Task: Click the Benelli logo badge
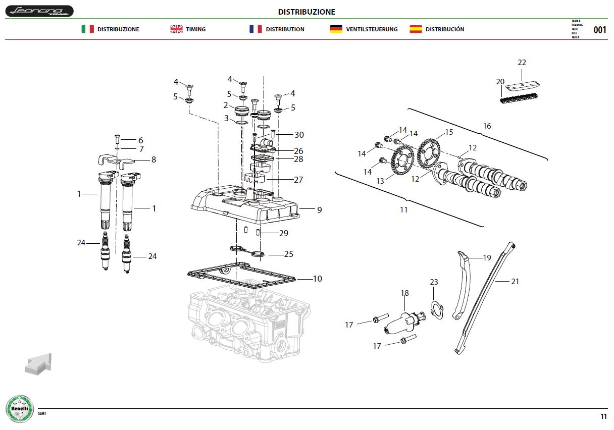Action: click(x=20, y=409)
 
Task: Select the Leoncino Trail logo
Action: click(x=39, y=11)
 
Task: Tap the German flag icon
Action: click(x=336, y=29)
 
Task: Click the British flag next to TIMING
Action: click(x=176, y=29)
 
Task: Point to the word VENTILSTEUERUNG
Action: click(x=372, y=29)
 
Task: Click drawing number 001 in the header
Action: click(x=600, y=30)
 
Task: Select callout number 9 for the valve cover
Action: click(x=319, y=210)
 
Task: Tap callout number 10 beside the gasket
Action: click(x=318, y=279)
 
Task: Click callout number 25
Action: click(x=289, y=254)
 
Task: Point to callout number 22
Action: click(x=522, y=63)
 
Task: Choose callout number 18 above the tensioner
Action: click(x=404, y=293)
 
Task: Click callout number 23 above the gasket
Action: click(x=434, y=282)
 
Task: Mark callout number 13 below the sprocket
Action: click(x=380, y=181)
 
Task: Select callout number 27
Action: click(x=298, y=180)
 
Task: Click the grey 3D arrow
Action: click(x=38, y=364)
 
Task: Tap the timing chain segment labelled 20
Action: click(x=519, y=98)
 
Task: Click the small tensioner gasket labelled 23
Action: click(x=437, y=310)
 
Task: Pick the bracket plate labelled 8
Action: click(x=116, y=162)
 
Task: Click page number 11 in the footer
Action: click(x=603, y=416)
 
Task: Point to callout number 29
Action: click(x=284, y=233)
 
